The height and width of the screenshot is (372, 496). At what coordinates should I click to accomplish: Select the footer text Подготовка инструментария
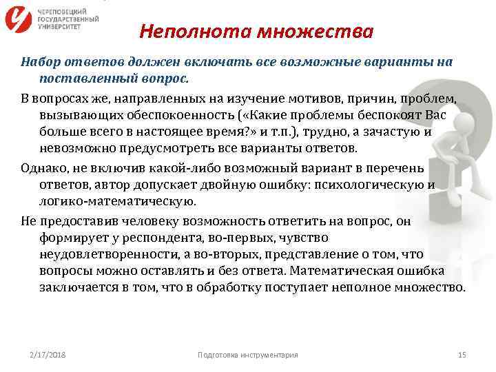pyautogui.click(x=247, y=355)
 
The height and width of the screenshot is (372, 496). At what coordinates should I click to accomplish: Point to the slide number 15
pyautogui.click(x=462, y=355)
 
